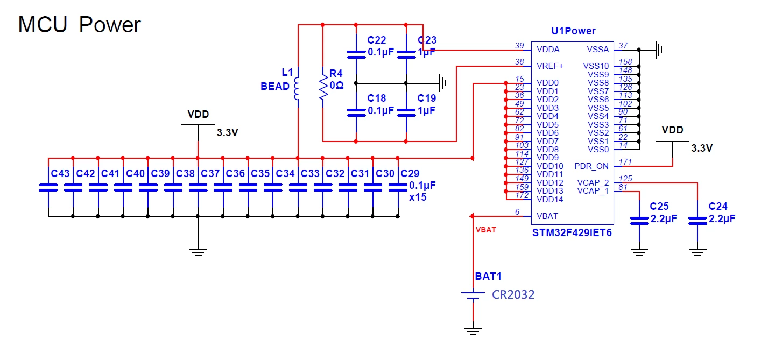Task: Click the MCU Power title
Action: [79, 24]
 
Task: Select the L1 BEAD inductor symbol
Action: [297, 89]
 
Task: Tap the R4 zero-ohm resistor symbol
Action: [323, 88]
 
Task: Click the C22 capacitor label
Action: [376, 40]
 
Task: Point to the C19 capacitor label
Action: [426, 98]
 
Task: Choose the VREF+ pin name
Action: [550, 66]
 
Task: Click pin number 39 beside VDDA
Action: [519, 46]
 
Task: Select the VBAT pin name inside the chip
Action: [547, 216]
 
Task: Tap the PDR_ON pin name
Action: [591, 166]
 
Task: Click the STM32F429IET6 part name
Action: [572, 232]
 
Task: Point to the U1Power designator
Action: [573, 31]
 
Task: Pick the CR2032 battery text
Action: [513, 294]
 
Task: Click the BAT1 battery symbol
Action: [473, 295]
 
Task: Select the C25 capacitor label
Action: [659, 206]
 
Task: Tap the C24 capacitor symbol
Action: [697, 221]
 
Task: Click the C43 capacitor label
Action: [60, 174]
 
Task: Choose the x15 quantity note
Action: [418, 197]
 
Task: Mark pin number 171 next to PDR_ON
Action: [625, 162]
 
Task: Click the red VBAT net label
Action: [486, 230]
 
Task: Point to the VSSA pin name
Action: [597, 50]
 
